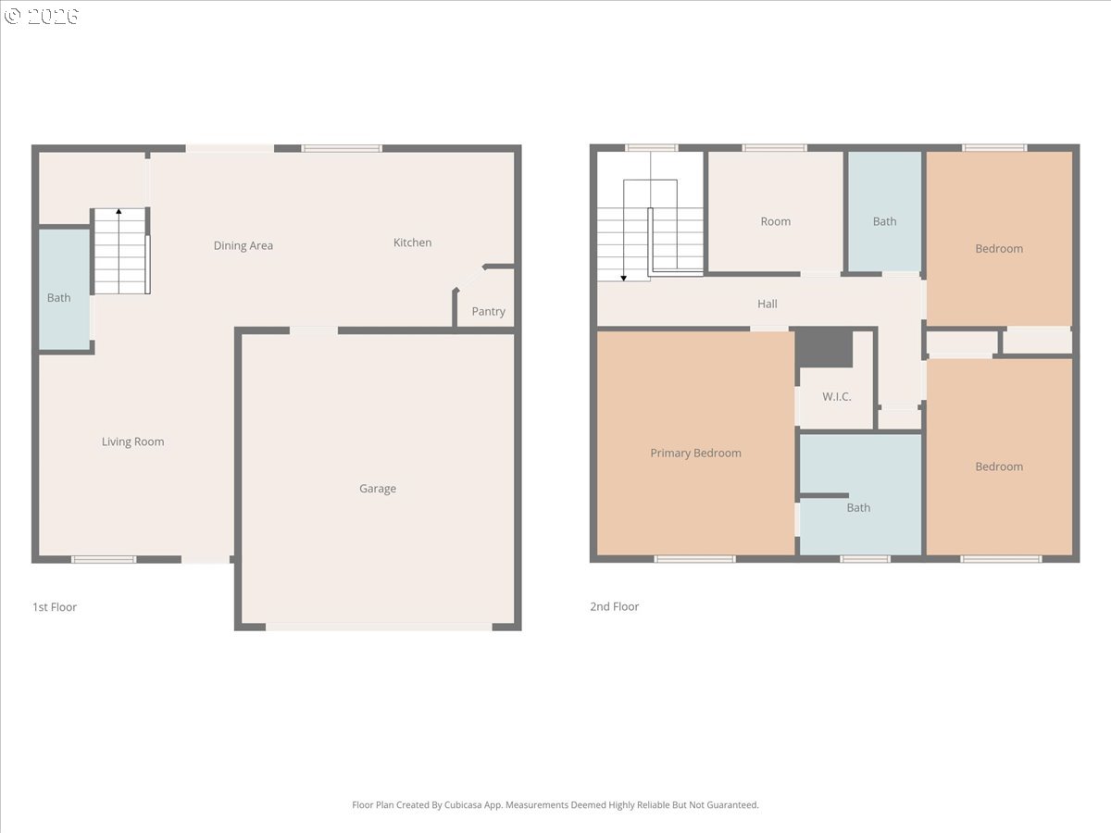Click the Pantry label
[488, 311]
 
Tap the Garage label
[378, 489]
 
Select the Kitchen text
[412, 242]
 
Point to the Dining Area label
[243, 245]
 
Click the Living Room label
[132, 441]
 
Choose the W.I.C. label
[836, 397]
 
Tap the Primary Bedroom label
[695, 453]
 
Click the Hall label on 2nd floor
[767, 304]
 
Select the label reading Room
[775, 221]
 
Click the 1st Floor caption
[55, 607]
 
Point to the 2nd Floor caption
[614, 607]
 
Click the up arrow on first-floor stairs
[119, 213]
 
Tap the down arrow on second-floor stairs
[624, 276]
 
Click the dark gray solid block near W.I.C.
[824, 348]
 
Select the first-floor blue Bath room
[64, 289]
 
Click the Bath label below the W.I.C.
[858, 507]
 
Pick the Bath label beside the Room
[884, 221]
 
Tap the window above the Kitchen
[342, 148]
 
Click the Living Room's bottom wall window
[104, 559]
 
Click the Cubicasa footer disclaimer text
[555, 805]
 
